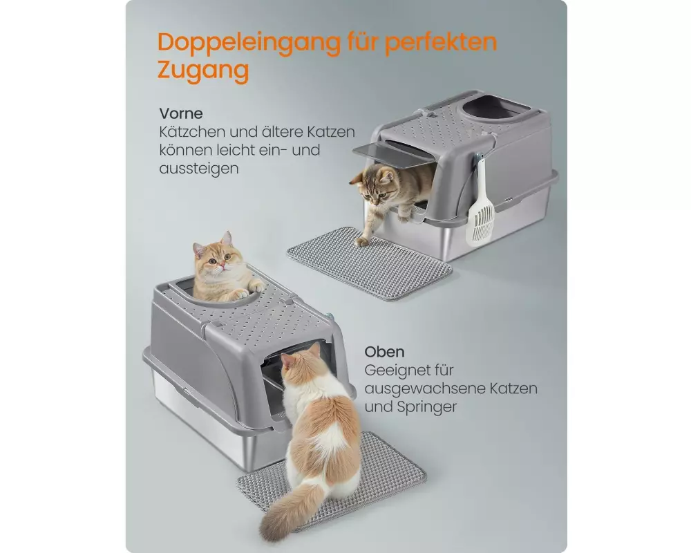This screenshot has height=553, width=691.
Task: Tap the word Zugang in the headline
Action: [203, 71]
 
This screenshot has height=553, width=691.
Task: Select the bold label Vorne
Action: [181, 113]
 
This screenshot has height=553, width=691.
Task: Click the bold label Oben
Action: [384, 352]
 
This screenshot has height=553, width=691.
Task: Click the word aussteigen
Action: [199, 169]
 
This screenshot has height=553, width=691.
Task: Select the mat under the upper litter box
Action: [369, 263]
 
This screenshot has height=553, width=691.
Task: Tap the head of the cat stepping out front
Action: [375, 185]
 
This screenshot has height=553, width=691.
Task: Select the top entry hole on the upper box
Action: [493, 109]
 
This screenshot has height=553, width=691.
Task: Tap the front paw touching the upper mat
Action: [361, 242]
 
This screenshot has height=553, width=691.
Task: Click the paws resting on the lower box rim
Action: [249, 291]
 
